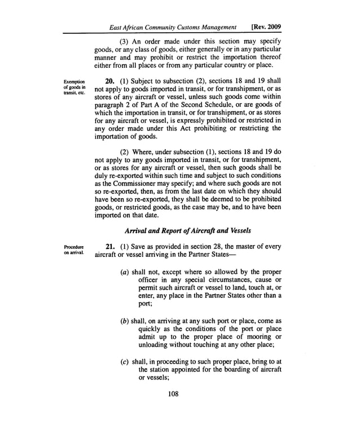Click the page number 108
pos(173,394)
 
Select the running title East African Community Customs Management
pos(165,27)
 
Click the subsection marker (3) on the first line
pos(125,43)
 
